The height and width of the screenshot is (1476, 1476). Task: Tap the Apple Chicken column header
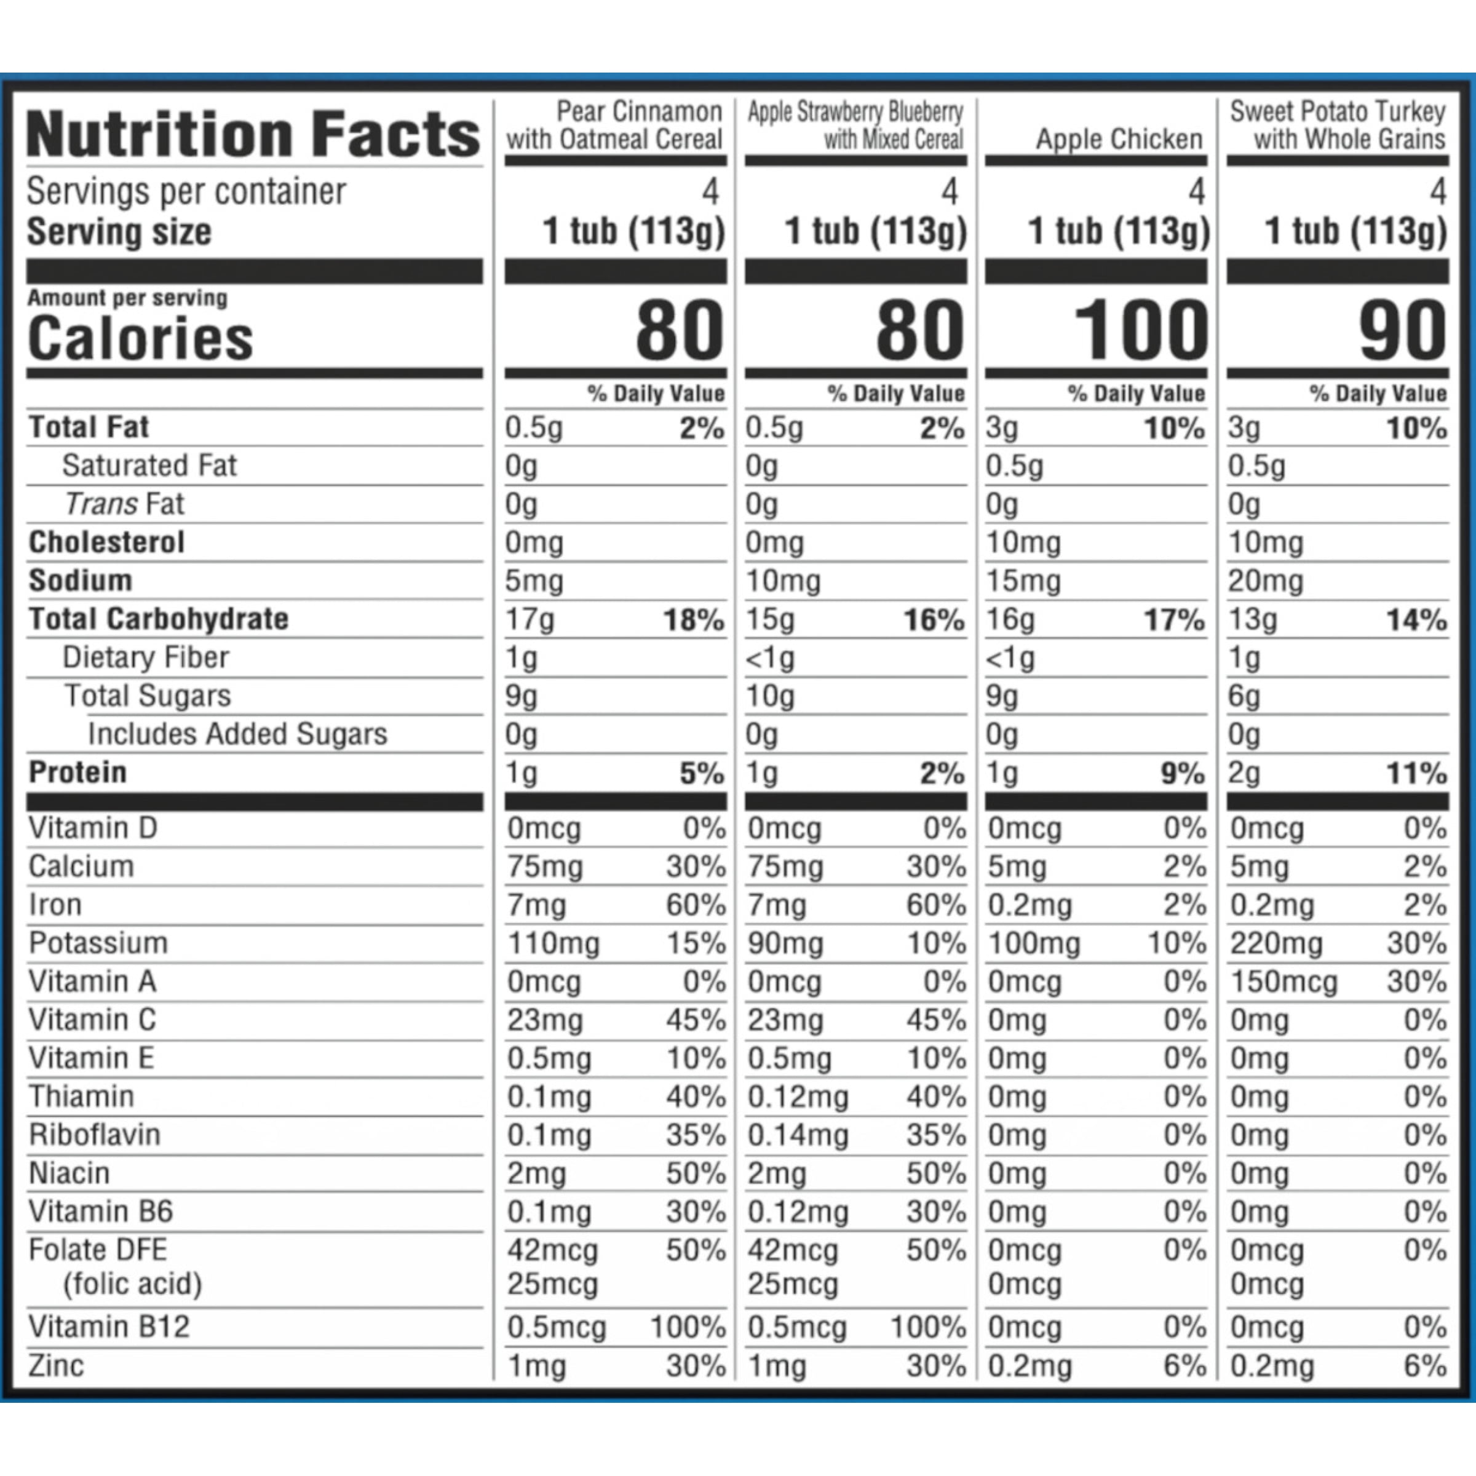click(1119, 139)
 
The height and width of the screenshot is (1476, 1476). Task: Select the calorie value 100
click(1141, 330)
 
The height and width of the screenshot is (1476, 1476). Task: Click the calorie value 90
click(1403, 330)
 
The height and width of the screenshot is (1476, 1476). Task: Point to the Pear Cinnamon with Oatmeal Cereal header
click(614, 125)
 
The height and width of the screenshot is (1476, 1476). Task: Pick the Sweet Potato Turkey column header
click(1338, 125)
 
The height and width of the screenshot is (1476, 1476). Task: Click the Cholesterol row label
click(107, 542)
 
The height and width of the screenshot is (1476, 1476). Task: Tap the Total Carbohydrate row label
click(159, 619)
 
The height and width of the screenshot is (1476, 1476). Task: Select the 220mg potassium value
click(1276, 943)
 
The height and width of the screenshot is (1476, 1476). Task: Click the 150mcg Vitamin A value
click(1284, 982)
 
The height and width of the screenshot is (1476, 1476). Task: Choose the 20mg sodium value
click(1265, 581)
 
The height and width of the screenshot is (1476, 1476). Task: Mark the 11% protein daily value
click(1416, 773)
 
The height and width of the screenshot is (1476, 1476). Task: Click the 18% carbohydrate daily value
click(693, 619)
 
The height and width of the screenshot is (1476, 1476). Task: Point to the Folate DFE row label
click(98, 1250)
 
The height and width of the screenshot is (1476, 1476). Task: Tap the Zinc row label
click(57, 1365)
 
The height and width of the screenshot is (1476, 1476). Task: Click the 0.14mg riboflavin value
click(798, 1135)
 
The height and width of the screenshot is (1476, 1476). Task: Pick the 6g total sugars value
click(1244, 696)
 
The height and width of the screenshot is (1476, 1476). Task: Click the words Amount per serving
click(127, 298)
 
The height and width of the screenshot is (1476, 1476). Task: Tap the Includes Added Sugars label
click(237, 734)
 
